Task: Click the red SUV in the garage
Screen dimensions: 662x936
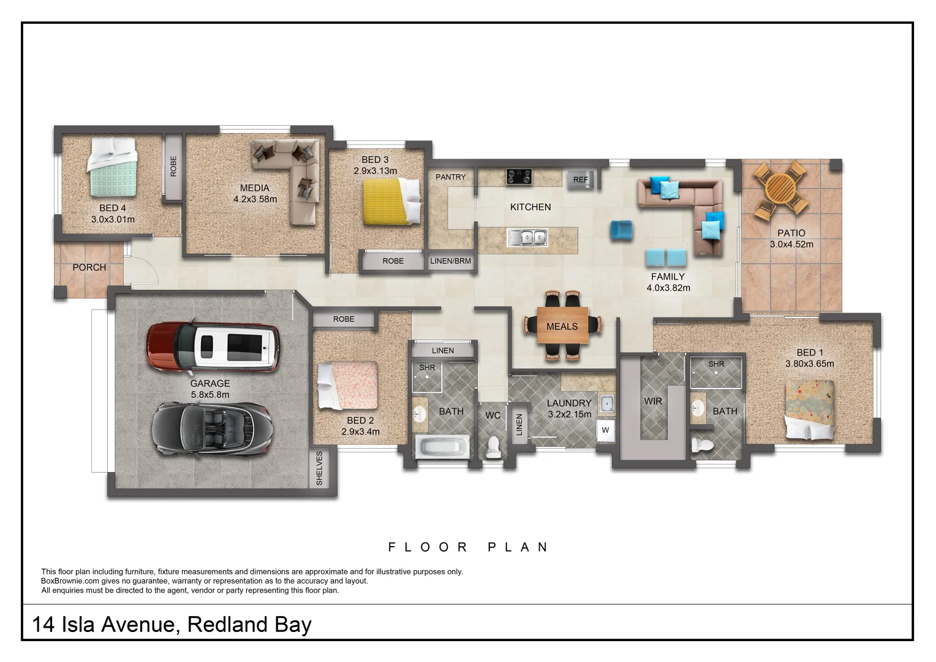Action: pyautogui.click(x=213, y=348)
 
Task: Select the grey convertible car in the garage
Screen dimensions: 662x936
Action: pyautogui.click(x=211, y=428)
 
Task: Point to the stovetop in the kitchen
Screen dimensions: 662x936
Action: pyautogui.click(x=519, y=177)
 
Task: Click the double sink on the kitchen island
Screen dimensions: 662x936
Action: pyautogui.click(x=527, y=237)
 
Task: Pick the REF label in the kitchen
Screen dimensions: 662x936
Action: pyautogui.click(x=580, y=180)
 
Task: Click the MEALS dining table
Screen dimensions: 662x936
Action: pyautogui.click(x=562, y=326)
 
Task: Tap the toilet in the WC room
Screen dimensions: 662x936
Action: pyautogui.click(x=493, y=447)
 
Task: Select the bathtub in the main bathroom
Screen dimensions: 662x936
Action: pyautogui.click(x=442, y=446)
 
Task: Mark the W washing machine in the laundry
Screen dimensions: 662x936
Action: pyautogui.click(x=605, y=430)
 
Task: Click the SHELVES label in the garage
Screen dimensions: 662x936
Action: pyautogui.click(x=319, y=469)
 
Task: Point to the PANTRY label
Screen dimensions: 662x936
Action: pyautogui.click(x=451, y=177)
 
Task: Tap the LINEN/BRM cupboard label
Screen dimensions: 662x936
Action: pyautogui.click(x=451, y=261)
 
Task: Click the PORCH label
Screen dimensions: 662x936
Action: pyautogui.click(x=89, y=267)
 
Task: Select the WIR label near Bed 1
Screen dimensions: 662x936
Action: pyautogui.click(x=653, y=401)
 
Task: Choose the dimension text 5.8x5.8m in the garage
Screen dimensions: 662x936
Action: pyautogui.click(x=210, y=395)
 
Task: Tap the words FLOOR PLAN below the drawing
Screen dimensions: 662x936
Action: pyautogui.click(x=469, y=547)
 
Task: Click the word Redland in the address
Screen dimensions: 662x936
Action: pyautogui.click(x=228, y=625)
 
